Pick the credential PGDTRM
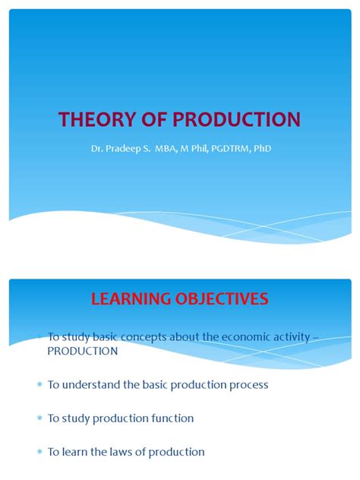pos(226,148)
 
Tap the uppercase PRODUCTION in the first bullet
pos(83,351)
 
